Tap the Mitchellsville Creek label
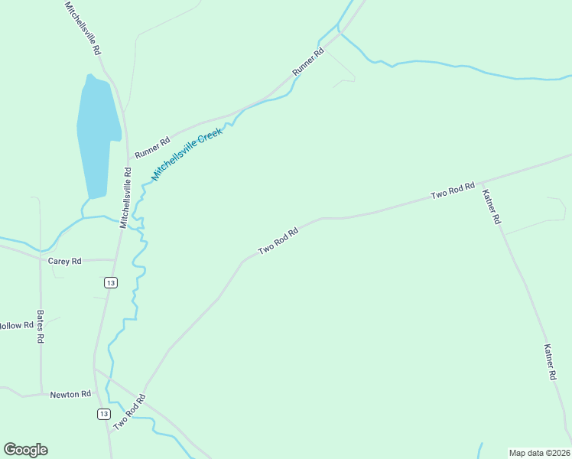187,154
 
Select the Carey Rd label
64,261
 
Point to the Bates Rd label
41,327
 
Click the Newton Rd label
70,395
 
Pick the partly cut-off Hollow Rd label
16,325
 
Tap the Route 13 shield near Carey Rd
112,283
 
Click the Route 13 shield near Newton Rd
104,414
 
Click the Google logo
25,450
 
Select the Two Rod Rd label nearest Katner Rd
453,190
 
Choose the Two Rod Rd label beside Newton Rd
129,412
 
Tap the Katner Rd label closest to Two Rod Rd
491,207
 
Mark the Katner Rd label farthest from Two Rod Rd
550,362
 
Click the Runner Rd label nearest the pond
152,148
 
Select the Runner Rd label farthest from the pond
308,62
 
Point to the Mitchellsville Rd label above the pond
83,27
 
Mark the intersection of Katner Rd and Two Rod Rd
480,184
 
